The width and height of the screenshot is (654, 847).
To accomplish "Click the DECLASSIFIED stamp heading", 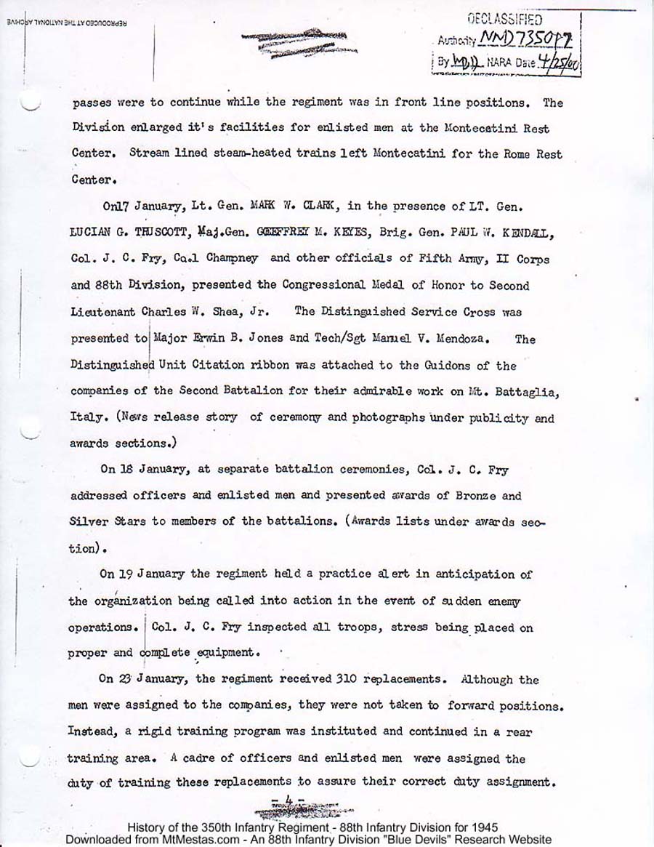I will pyautogui.click(x=504, y=20).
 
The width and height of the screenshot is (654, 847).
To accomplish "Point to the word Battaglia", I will pyautogui.click(x=529, y=392).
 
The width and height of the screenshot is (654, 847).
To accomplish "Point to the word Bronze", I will pyautogui.click(x=474, y=495).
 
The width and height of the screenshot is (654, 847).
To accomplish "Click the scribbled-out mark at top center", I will pyautogui.click(x=294, y=41).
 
